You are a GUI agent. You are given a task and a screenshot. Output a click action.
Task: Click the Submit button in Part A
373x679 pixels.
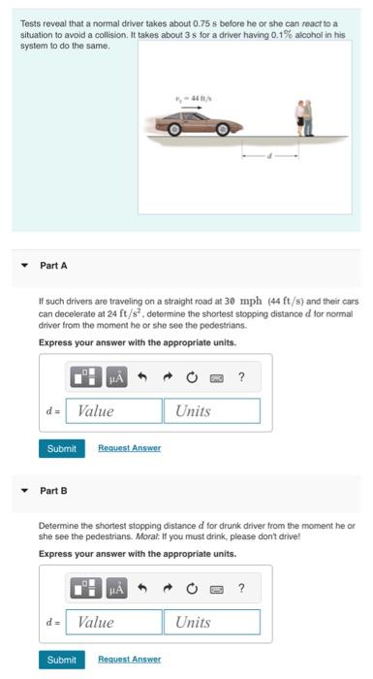[61, 448]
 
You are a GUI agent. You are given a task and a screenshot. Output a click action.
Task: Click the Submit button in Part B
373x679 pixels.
[61, 660]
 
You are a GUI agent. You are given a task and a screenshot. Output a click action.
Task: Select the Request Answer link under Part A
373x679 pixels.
[129, 448]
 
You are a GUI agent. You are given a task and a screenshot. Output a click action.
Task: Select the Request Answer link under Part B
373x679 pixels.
[129, 660]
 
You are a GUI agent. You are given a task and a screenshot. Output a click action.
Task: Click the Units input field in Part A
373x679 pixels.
[214, 411]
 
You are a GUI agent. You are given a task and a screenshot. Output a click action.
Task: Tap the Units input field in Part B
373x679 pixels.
[214, 622]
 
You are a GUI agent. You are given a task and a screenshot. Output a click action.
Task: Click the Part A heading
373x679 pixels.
[53, 265]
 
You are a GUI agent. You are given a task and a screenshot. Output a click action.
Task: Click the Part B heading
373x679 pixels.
[53, 491]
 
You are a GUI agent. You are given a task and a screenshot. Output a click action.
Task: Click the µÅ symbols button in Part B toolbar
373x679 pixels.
[117, 588]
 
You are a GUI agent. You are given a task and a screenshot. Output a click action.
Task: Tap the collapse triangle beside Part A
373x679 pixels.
[24, 265]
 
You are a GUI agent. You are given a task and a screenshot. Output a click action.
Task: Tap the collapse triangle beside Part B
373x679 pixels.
[24, 491]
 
